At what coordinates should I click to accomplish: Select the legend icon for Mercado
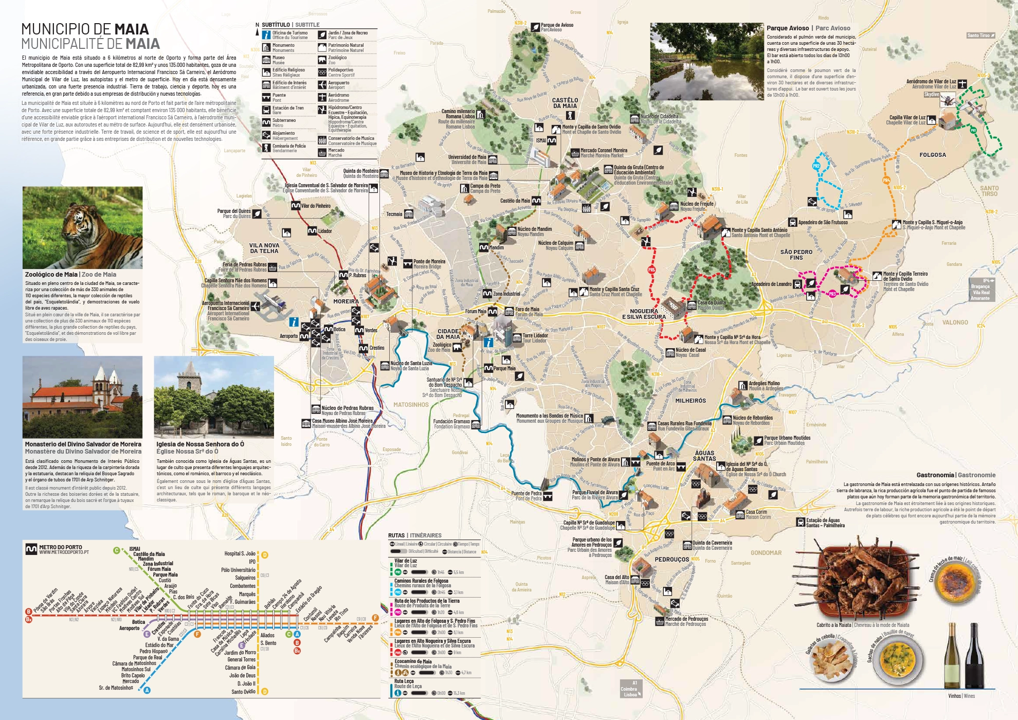[x=322, y=153]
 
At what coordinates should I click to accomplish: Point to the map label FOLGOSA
[x=932, y=155]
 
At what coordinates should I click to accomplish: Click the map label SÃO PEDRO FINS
[x=796, y=255]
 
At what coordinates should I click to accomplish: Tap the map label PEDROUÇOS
[x=671, y=560]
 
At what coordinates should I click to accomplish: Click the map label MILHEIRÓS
[x=690, y=401]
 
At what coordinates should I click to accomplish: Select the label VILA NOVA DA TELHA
[x=264, y=248]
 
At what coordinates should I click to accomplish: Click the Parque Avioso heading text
[x=787, y=28]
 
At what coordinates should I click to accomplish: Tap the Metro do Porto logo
[x=31, y=549]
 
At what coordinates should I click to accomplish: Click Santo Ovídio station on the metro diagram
[x=243, y=692]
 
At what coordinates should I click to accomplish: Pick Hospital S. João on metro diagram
[x=240, y=554]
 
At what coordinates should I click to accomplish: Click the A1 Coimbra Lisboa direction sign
[x=630, y=689]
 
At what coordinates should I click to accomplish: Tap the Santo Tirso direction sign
[x=980, y=35]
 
